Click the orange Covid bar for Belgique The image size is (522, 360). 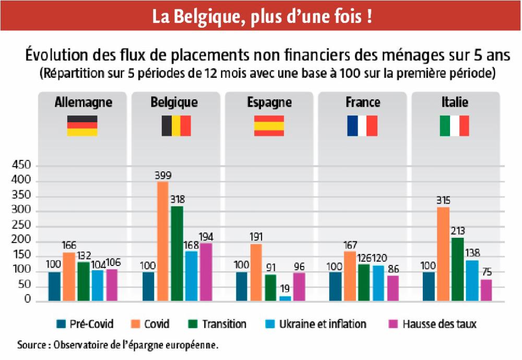click(x=163, y=241)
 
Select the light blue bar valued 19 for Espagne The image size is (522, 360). click(x=286, y=299)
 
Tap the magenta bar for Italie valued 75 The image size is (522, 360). click(x=486, y=290)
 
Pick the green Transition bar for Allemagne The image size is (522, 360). click(x=84, y=282)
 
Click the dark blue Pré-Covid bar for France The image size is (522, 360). click(x=335, y=286)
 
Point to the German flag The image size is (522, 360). click(x=82, y=126)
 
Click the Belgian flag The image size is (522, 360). click(x=176, y=126)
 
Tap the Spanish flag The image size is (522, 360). click(x=269, y=126)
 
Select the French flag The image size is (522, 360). click(x=362, y=126)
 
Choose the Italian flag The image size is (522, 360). click(x=454, y=126)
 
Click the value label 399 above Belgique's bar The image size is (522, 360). click(x=163, y=176)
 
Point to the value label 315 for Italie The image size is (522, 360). click(x=443, y=201)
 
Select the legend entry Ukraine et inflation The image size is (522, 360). click(x=323, y=324)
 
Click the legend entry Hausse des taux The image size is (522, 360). click(x=439, y=324)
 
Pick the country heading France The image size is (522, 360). click(x=362, y=102)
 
